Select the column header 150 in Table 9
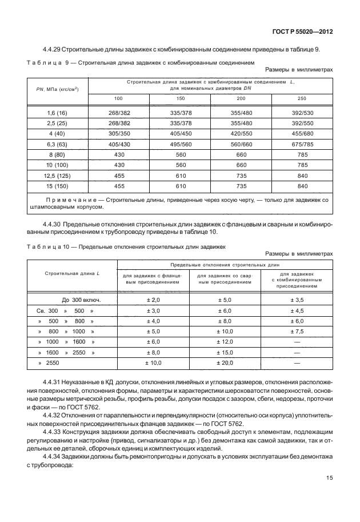click(181, 99)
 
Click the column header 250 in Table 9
click(302, 99)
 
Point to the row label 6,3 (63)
click(57, 146)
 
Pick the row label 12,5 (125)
click(57, 177)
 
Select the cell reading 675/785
click(302, 146)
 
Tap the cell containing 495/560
click(181, 146)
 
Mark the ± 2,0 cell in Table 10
click(153, 300)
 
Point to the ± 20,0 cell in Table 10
click(225, 362)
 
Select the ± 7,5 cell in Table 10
click(296, 331)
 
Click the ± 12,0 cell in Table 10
click(225, 341)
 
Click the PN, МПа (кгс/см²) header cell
click(57, 90)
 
